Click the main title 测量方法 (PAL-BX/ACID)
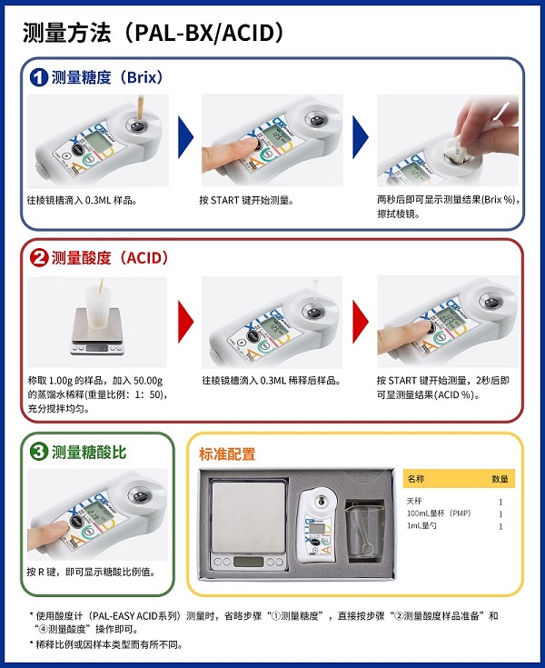click(x=154, y=33)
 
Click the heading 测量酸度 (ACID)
click(x=110, y=258)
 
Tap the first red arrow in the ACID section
click(x=185, y=319)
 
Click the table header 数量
click(x=500, y=478)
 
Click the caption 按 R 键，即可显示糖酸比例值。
click(x=91, y=573)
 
